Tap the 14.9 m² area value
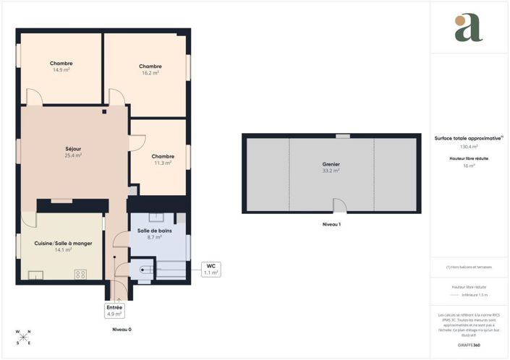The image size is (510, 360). click(61, 70)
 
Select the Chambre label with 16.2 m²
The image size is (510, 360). click(150, 67)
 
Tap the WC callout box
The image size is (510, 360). click(211, 269)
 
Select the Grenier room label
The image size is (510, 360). click(331, 165)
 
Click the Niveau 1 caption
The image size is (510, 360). click(331, 225)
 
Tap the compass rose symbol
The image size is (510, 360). click(24, 336)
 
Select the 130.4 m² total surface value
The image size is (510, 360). click(469, 147)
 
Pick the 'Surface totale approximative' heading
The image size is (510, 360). click(468, 137)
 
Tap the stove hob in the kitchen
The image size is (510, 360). click(80, 274)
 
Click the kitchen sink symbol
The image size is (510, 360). click(35, 274)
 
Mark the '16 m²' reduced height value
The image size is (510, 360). click(469, 166)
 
